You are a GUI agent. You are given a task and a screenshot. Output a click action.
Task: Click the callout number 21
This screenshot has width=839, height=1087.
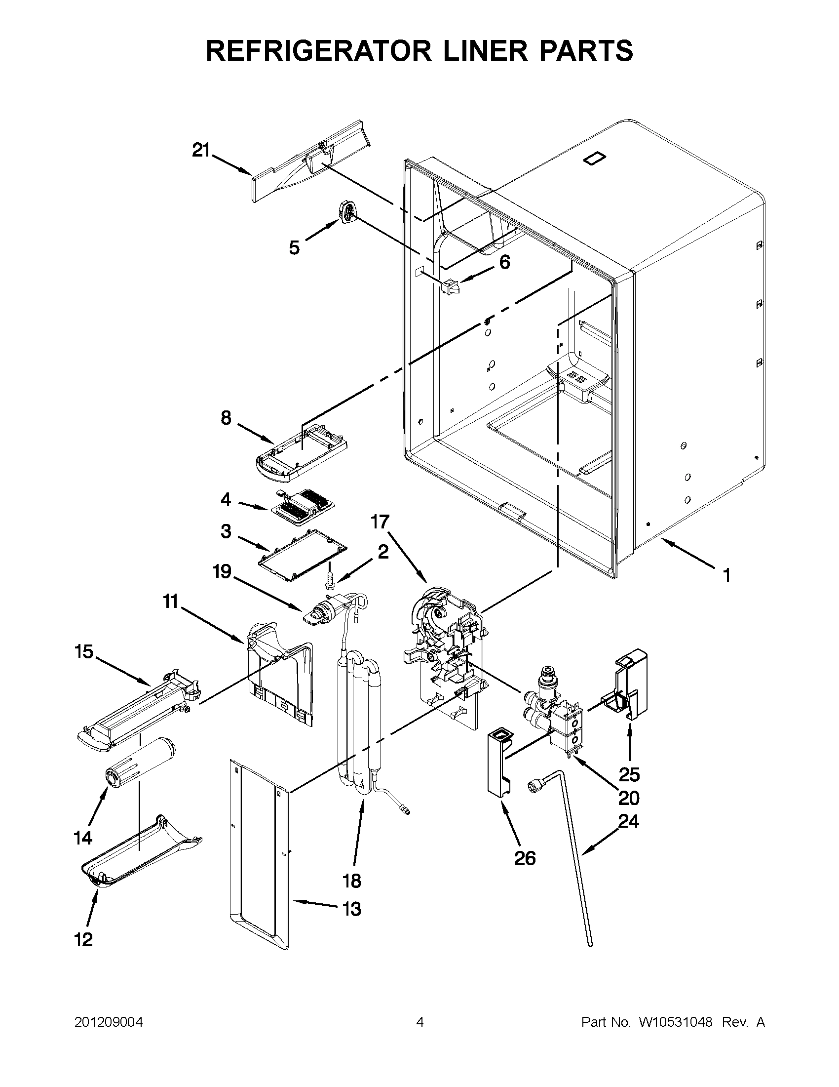point(201,150)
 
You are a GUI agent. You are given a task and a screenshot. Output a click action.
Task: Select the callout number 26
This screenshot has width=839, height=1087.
point(525,858)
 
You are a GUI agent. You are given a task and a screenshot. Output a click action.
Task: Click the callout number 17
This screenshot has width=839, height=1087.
point(380,523)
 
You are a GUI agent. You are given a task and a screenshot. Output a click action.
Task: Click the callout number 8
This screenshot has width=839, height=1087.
point(227,418)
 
